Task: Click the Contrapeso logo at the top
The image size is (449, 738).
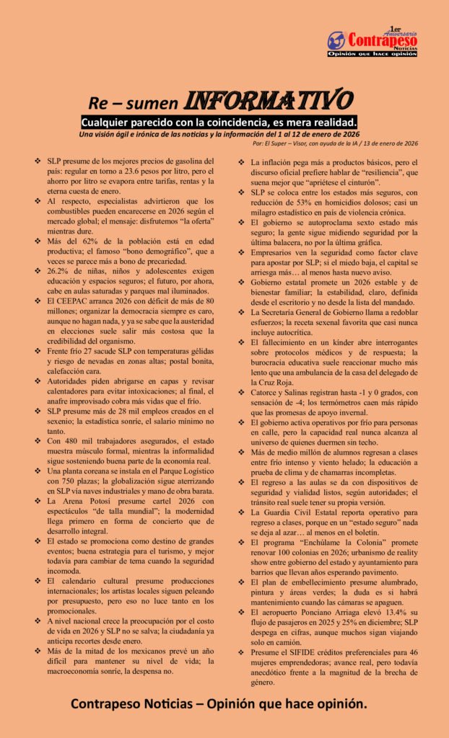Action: (372, 42)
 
